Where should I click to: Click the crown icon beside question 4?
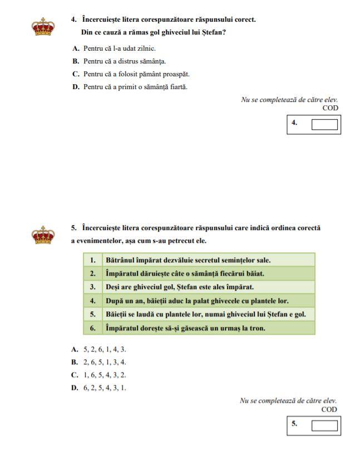point(42,27)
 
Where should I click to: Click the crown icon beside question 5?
point(42,235)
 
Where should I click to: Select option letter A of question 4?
point(76,48)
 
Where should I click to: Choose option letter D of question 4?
point(76,87)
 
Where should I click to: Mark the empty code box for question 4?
point(324,124)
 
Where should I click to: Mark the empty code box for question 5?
point(324,426)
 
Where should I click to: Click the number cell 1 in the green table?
point(93,260)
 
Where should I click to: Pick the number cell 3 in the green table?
point(93,287)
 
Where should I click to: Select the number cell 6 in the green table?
point(93,328)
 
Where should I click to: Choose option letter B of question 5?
point(75,362)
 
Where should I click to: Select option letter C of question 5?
point(75,375)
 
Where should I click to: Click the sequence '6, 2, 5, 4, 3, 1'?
point(105,388)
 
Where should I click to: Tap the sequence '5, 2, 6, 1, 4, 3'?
point(105,349)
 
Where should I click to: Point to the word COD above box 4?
point(329,108)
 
